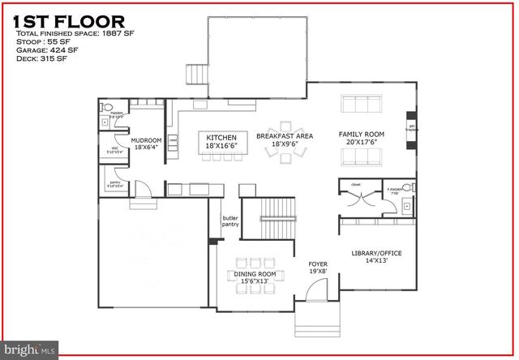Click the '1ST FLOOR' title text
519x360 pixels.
pos(69,21)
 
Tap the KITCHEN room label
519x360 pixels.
pos(221,139)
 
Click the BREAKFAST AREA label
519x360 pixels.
pos(284,139)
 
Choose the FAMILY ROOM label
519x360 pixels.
pos(362,138)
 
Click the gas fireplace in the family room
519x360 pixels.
pos(411,130)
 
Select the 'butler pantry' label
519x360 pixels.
pos(229,221)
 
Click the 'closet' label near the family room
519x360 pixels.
pos(354,184)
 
